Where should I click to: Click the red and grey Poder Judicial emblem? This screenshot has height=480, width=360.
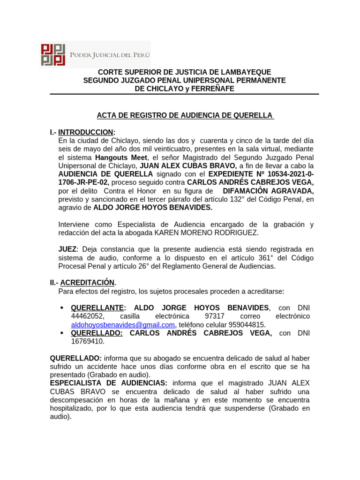(x=52, y=55)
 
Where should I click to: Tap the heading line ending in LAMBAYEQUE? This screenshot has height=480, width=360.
(x=184, y=72)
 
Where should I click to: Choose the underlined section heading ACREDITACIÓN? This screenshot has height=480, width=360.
(x=88, y=283)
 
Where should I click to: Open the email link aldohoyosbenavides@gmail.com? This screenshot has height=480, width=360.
(x=123, y=325)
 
